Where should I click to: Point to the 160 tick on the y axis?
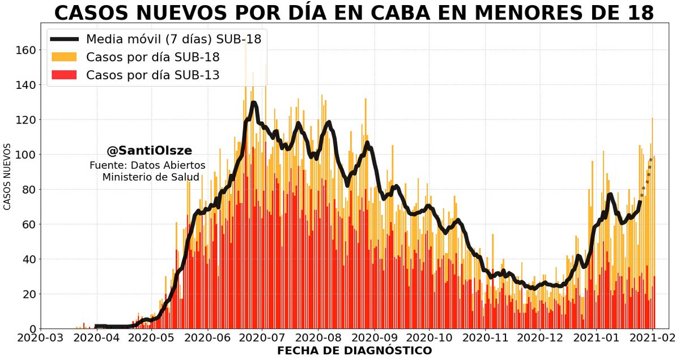25,50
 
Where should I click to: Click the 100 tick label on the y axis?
25,155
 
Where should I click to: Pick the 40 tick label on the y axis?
28,259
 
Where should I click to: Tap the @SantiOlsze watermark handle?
149,151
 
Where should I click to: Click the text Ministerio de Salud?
150,177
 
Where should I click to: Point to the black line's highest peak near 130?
253,103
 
